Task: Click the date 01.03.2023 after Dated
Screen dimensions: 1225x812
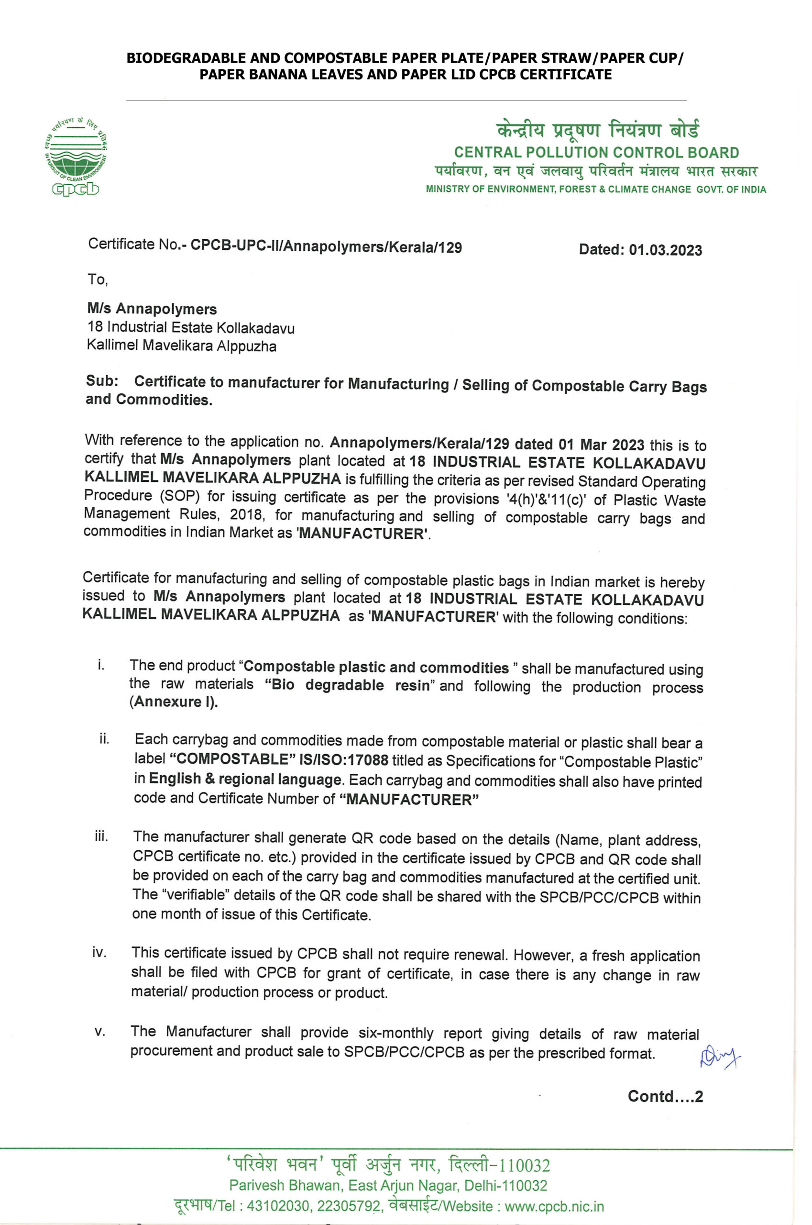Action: [666, 250]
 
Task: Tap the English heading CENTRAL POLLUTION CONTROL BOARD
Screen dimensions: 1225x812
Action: [597, 153]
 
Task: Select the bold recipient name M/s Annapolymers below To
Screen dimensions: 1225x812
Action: [152, 309]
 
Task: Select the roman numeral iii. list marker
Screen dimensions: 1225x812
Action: [101, 837]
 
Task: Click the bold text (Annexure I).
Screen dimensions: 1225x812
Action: [174, 702]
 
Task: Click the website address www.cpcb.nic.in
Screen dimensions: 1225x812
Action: [554, 1206]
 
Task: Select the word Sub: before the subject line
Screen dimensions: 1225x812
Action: [102, 381]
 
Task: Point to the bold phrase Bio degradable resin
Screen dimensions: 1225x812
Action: [347, 685]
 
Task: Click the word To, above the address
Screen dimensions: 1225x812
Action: [98, 280]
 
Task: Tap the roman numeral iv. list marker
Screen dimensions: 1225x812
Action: [99, 952]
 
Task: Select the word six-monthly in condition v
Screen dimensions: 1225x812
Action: [395, 1033]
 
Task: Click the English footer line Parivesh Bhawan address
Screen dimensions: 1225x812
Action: [388, 1186]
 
